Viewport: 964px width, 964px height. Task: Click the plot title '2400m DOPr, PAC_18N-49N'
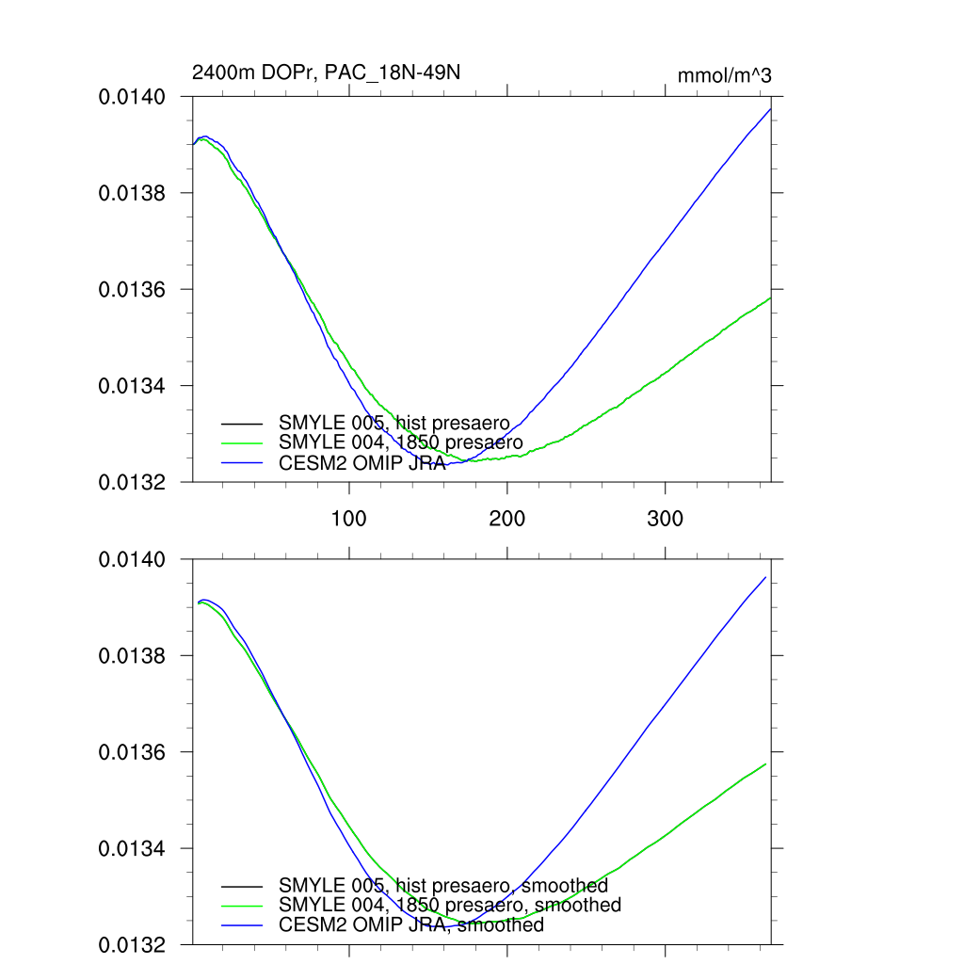[326, 73]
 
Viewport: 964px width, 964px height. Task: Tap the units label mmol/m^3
[724, 76]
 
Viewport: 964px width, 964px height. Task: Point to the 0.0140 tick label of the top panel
[133, 97]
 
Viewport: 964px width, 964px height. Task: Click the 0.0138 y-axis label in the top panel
[133, 193]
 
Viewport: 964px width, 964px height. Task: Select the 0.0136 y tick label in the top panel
[133, 290]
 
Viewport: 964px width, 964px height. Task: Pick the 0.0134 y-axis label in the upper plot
[133, 386]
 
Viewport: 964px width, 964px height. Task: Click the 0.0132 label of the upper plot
[133, 482]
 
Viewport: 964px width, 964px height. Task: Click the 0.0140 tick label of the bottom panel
[133, 559]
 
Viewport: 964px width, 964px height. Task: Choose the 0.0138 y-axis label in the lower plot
[133, 655]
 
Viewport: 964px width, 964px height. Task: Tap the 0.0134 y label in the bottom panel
[133, 848]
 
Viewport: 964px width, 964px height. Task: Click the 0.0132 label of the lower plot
[133, 944]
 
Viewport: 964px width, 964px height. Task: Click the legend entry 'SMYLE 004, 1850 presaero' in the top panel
[400, 442]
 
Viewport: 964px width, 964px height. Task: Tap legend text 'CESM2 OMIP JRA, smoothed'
[411, 924]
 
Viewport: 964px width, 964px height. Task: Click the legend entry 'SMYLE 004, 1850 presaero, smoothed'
[450, 905]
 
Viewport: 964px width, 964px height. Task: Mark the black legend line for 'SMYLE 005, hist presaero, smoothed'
[242, 886]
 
